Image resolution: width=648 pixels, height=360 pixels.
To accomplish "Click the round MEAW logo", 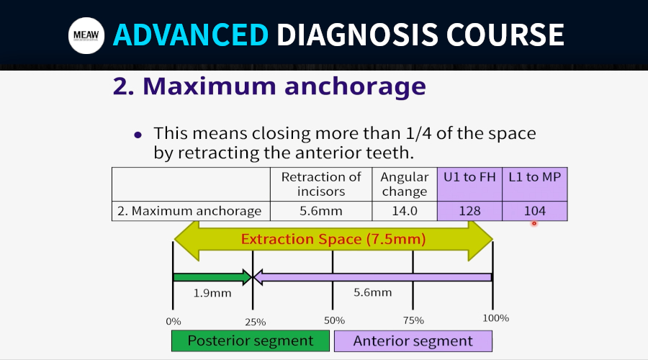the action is (x=86, y=35).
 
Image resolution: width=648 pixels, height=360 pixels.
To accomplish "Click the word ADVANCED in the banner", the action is (x=191, y=35).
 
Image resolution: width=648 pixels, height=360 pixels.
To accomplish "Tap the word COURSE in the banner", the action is (x=505, y=35).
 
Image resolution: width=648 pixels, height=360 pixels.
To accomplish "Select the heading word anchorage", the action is (x=355, y=86).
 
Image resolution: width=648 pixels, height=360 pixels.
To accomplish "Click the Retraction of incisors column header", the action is (x=321, y=184).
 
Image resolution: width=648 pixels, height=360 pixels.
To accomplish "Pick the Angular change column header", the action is (x=405, y=184).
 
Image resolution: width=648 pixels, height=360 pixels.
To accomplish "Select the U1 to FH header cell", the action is (x=469, y=184).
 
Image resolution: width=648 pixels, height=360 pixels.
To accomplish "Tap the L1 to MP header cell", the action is (x=535, y=184).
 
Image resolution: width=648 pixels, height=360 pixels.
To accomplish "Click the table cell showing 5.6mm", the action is (x=321, y=211).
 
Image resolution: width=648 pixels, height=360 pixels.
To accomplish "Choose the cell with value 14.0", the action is (x=405, y=211).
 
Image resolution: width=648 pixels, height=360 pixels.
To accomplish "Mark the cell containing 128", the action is (x=469, y=211).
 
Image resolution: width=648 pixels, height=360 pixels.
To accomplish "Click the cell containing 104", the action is (x=535, y=211).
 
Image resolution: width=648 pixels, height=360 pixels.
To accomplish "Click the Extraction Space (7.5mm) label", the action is (x=333, y=239).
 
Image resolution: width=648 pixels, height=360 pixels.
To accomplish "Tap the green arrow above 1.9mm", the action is (x=212, y=277).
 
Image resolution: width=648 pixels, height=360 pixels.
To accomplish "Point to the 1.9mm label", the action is (x=212, y=293).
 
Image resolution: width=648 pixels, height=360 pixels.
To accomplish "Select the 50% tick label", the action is (x=334, y=320).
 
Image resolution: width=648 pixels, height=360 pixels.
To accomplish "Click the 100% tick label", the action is (x=496, y=318).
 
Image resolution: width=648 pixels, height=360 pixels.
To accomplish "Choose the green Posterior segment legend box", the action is (x=251, y=341).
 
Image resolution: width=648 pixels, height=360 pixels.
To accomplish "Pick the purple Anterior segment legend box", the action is (x=413, y=341).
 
